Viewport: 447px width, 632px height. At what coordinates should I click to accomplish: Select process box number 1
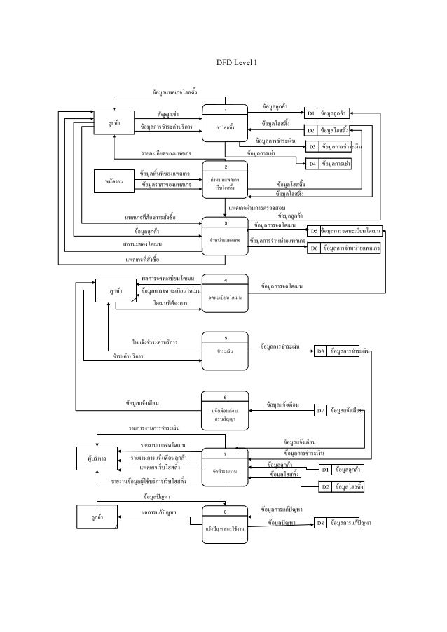click(x=226, y=123)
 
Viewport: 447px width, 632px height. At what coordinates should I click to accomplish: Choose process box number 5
click(x=226, y=349)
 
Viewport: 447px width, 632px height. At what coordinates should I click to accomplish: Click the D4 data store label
click(x=313, y=164)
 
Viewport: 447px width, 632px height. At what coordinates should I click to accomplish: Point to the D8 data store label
click(x=320, y=523)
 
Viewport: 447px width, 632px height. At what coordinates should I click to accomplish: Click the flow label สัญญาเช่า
click(x=167, y=113)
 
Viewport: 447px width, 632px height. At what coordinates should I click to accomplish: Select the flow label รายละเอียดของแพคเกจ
click(x=167, y=152)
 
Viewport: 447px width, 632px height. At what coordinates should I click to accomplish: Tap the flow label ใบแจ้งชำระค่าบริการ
click(x=155, y=342)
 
